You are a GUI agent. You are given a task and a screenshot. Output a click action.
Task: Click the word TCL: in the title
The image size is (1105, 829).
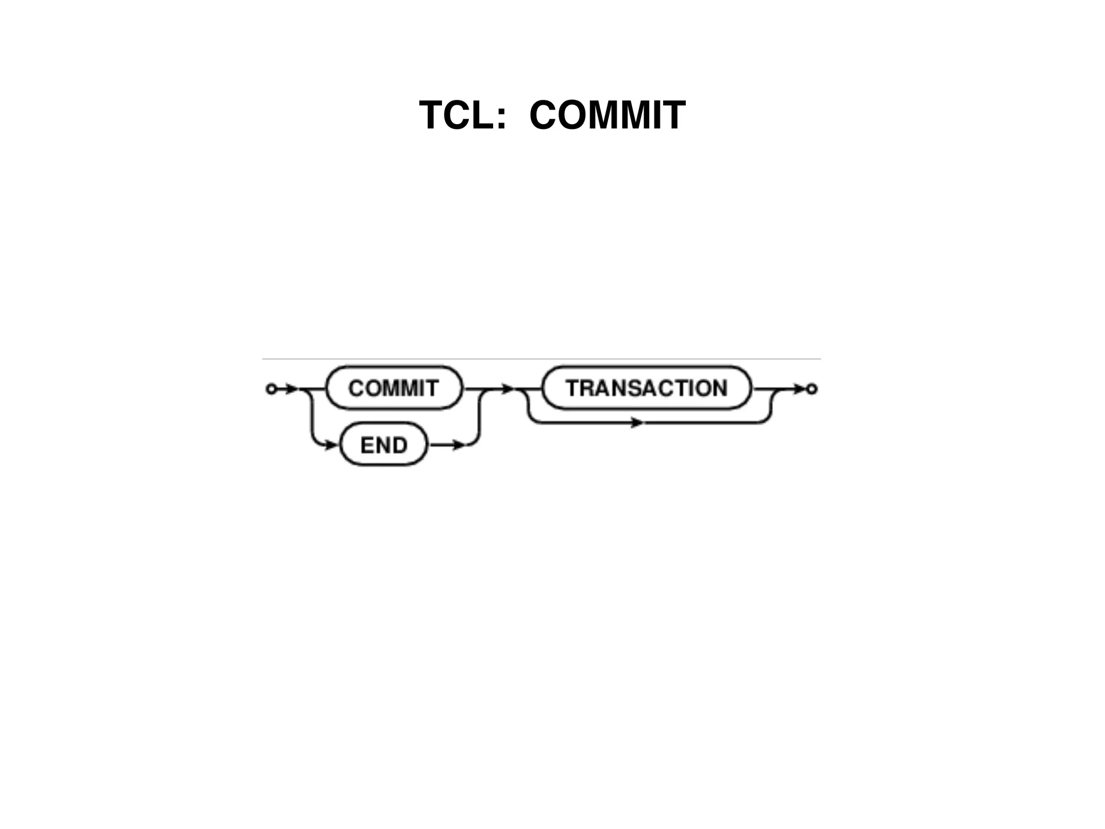click(463, 115)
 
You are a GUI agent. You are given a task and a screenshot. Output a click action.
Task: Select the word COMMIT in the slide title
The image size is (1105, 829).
click(607, 115)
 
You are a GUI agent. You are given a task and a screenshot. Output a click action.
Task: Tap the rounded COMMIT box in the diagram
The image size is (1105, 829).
click(394, 388)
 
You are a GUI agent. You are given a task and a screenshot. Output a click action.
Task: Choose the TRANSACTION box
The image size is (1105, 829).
click(646, 388)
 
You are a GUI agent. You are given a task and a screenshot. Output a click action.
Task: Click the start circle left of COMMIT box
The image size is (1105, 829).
click(271, 389)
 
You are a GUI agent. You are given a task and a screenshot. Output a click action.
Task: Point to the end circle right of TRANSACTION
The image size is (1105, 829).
click(811, 389)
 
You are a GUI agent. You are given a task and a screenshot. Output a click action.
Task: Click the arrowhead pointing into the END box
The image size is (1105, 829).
click(332, 445)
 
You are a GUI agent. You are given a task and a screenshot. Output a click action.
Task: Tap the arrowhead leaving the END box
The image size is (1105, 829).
click(458, 445)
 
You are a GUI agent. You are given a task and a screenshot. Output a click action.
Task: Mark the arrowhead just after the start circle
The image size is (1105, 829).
click(291, 389)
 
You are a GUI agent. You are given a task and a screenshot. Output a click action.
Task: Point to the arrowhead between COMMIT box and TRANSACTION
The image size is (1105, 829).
click(507, 389)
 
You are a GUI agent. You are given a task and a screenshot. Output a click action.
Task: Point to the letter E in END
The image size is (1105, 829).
click(367, 445)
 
